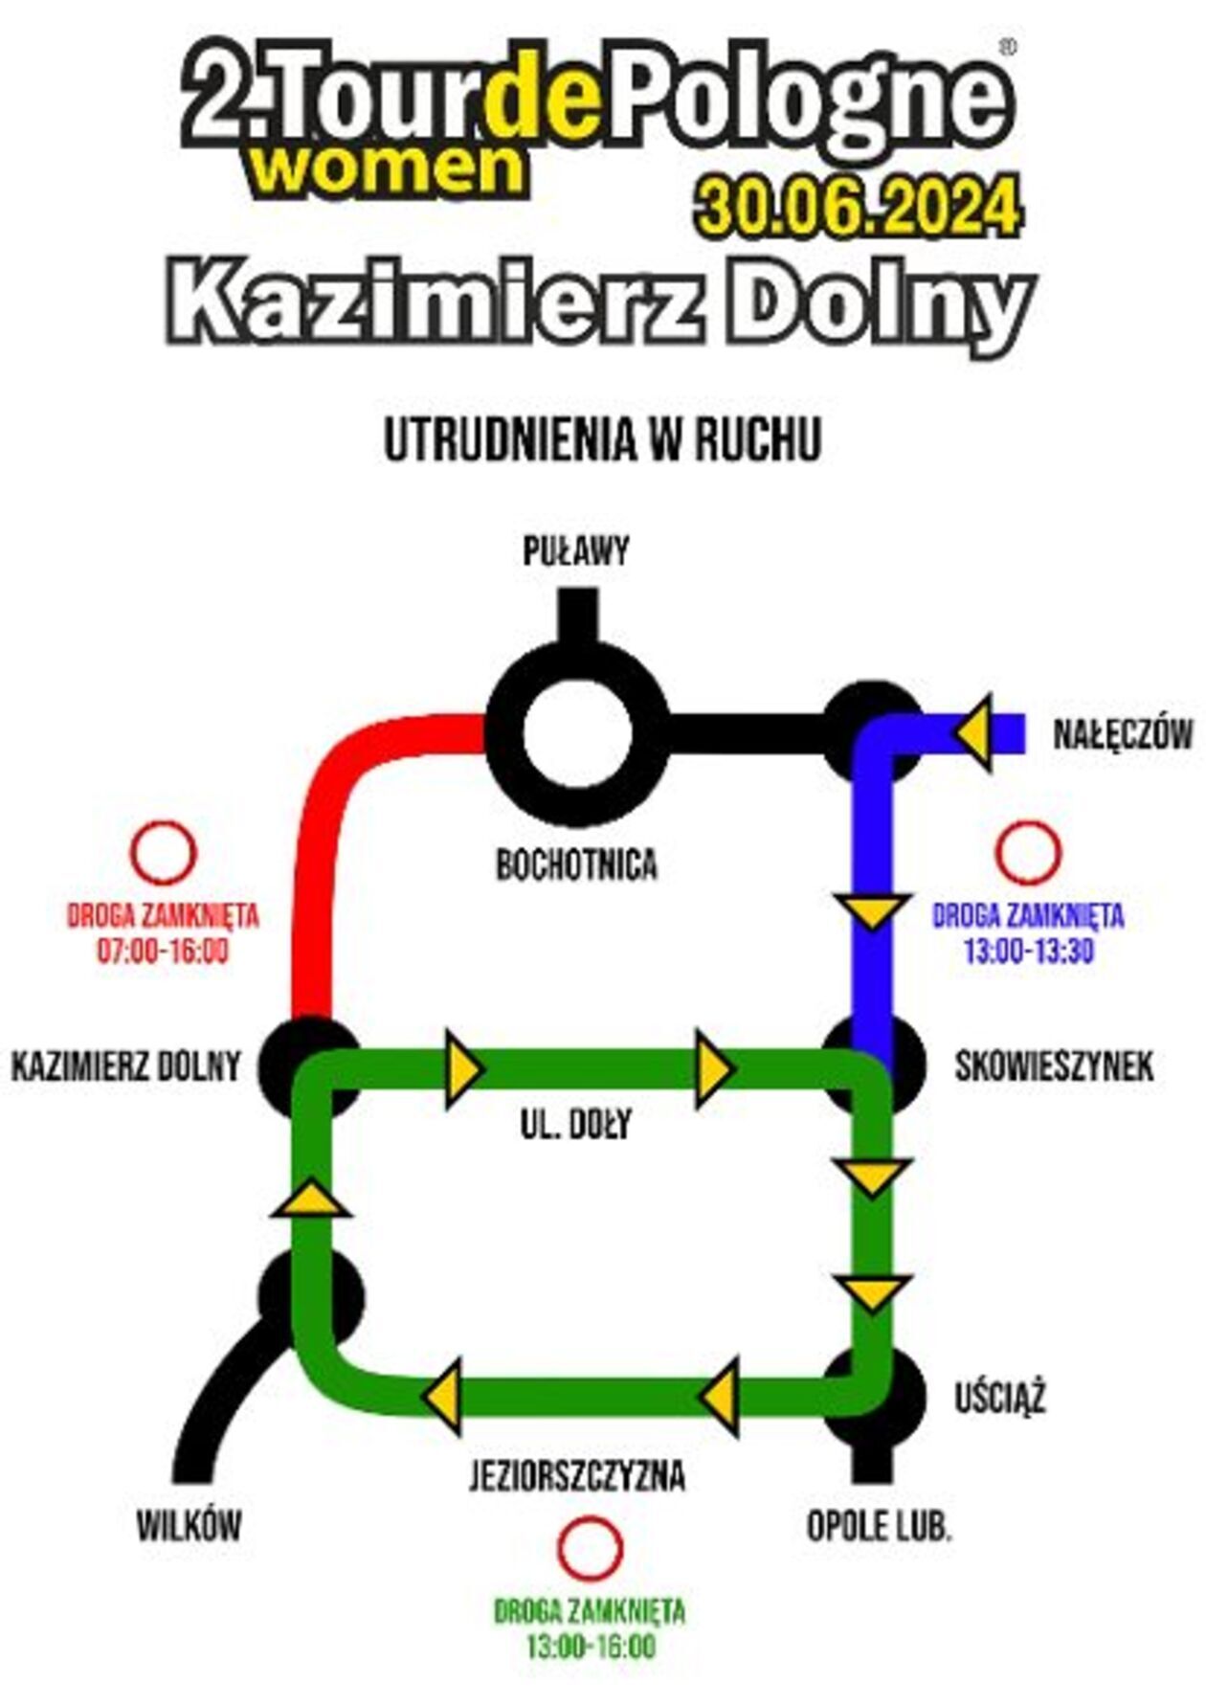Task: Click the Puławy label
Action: click(x=575, y=552)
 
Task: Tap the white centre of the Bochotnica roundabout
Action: click(x=577, y=735)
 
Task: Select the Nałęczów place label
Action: click(x=1123, y=735)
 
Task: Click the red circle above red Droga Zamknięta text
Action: click(x=164, y=852)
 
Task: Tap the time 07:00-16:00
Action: click(x=163, y=952)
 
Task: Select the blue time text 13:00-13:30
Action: click(x=1028, y=952)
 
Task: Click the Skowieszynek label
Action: click(x=1054, y=1066)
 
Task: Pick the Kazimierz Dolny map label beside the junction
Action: click(x=125, y=1065)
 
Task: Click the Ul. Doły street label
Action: click(x=576, y=1124)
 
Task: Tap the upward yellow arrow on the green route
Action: click(x=311, y=1200)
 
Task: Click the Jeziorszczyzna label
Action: click(x=577, y=1476)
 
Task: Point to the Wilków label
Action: click(x=189, y=1526)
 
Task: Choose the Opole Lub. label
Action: click(x=879, y=1526)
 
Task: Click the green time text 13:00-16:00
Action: click(x=591, y=1648)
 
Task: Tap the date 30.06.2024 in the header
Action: click(x=859, y=206)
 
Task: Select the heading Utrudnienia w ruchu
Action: click(x=603, y=440)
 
